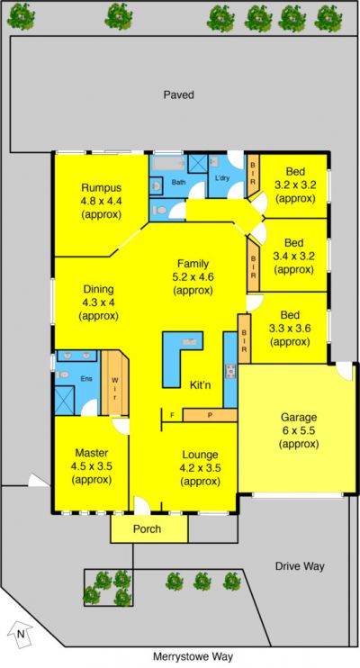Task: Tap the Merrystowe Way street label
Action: tap(193, 657)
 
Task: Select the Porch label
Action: tap(147, 529)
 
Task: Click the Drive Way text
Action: tap(300, 566)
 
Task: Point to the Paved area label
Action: tap(179, 95)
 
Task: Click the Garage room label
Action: tap(299, 417)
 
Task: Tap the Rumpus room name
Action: tap(102, 187)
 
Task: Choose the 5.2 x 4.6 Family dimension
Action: tap(193, 277)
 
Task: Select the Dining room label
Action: tap(98, 289)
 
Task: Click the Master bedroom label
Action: tap(92, 453)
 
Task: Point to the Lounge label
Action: tap(200, 455)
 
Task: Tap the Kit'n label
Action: tap(200, 385)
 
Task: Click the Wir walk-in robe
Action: tap(115, 383)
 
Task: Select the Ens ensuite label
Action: tap(87, 379)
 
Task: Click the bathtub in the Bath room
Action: tap(168, 164)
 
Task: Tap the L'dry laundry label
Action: tap(222, 177)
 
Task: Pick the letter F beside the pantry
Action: tap(173, 414)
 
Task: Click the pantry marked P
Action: tap(210, 415)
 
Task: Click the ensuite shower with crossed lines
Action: tap(67, 400)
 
